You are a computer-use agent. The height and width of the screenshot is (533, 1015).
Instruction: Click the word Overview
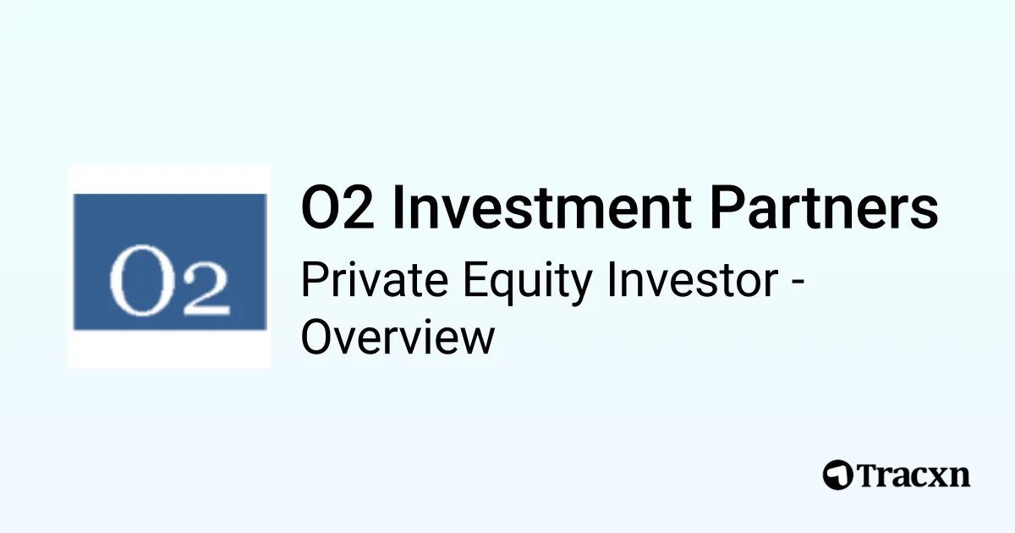398,337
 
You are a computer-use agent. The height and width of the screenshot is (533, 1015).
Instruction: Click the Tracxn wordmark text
913,475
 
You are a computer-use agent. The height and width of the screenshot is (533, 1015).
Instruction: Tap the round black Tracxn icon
838,475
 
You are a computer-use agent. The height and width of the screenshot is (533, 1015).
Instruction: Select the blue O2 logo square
169,261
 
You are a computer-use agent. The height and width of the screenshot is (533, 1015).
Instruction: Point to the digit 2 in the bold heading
356,209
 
